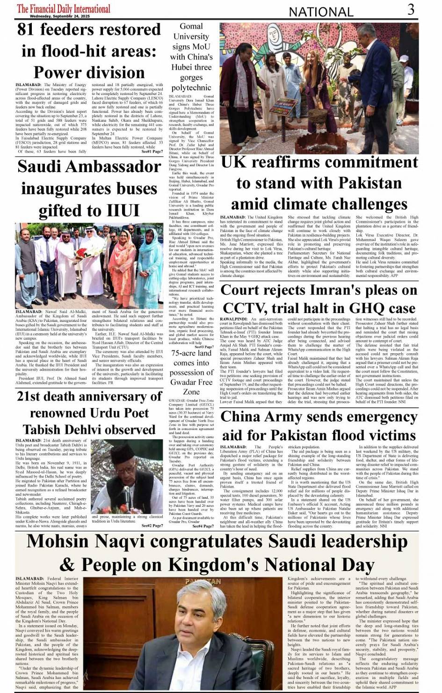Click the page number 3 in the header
pos(411,9)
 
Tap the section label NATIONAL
pos(321,12)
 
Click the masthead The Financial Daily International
pos(64,8)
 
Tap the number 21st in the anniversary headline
pos(31,396)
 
